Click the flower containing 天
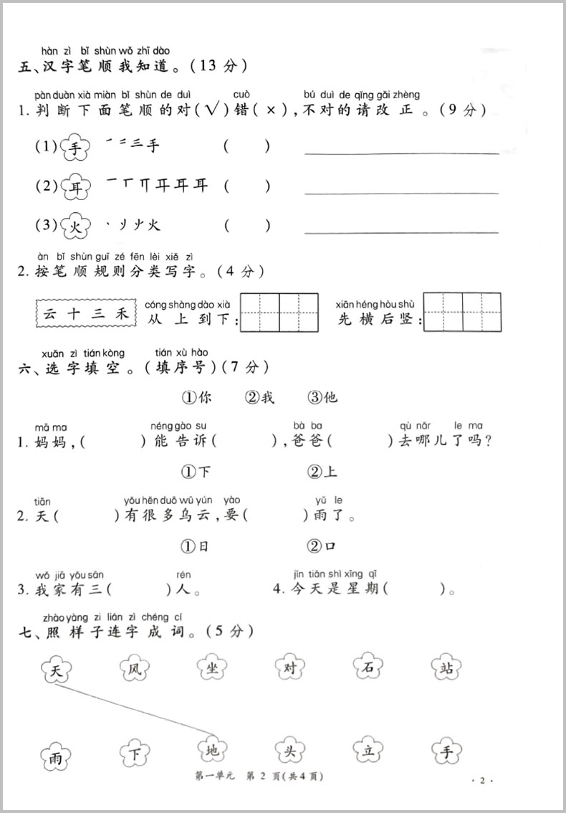(55, 672)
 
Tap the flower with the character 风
(134, 670)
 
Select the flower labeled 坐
(213, 669)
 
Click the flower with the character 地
(213, 752)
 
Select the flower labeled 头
(292, 752)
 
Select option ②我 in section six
(259, 397)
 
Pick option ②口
(322, 546)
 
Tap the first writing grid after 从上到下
(260, 313)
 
